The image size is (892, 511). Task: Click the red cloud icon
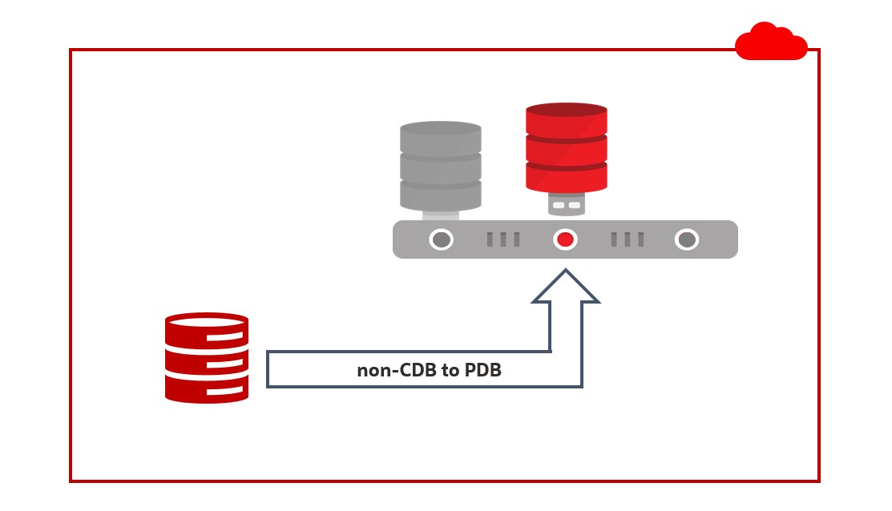point(771,42)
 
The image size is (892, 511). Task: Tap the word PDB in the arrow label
point(483,371)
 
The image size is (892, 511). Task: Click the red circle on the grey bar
point(566,239)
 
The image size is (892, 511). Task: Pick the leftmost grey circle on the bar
point(441,239)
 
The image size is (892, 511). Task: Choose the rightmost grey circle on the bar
point(686,239)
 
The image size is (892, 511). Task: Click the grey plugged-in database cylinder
point(440,167)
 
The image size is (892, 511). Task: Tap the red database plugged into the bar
point(566,148)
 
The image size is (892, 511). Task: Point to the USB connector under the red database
point(566,205)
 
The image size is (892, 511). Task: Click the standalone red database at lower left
point(207,357)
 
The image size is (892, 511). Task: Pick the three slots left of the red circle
point(503,239)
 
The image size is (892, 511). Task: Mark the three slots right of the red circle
point(628,239)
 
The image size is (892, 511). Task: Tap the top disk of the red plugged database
point(566,119)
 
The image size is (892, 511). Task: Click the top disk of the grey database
point(440,138)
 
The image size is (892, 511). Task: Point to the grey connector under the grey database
point(440,214)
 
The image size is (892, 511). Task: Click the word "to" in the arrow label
point(450,371)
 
